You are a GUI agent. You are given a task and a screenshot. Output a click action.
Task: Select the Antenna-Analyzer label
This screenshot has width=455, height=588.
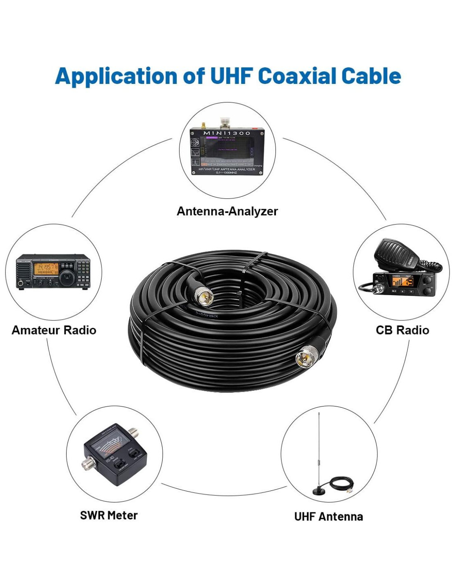(x=227, y=211)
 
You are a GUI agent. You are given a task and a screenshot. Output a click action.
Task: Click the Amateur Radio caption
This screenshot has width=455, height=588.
(x=54, y=330)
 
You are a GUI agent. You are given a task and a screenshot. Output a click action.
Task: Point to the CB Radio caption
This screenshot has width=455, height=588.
(x=402, y=330)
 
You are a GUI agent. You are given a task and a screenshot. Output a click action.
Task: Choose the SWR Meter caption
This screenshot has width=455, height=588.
(x=109, y=515)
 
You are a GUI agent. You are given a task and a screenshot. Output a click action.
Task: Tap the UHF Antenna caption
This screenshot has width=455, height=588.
(x=328, y=516)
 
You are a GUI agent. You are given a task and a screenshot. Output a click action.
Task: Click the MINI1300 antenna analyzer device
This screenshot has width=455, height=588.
(x=227, y=151)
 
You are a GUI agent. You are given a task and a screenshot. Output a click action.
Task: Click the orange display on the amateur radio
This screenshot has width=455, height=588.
(x=46, y=268)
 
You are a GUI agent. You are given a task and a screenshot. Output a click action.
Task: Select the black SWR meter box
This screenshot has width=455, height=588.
(x=114, y=459)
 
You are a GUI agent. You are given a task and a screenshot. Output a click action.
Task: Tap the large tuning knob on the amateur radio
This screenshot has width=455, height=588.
(x=67, y=277)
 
